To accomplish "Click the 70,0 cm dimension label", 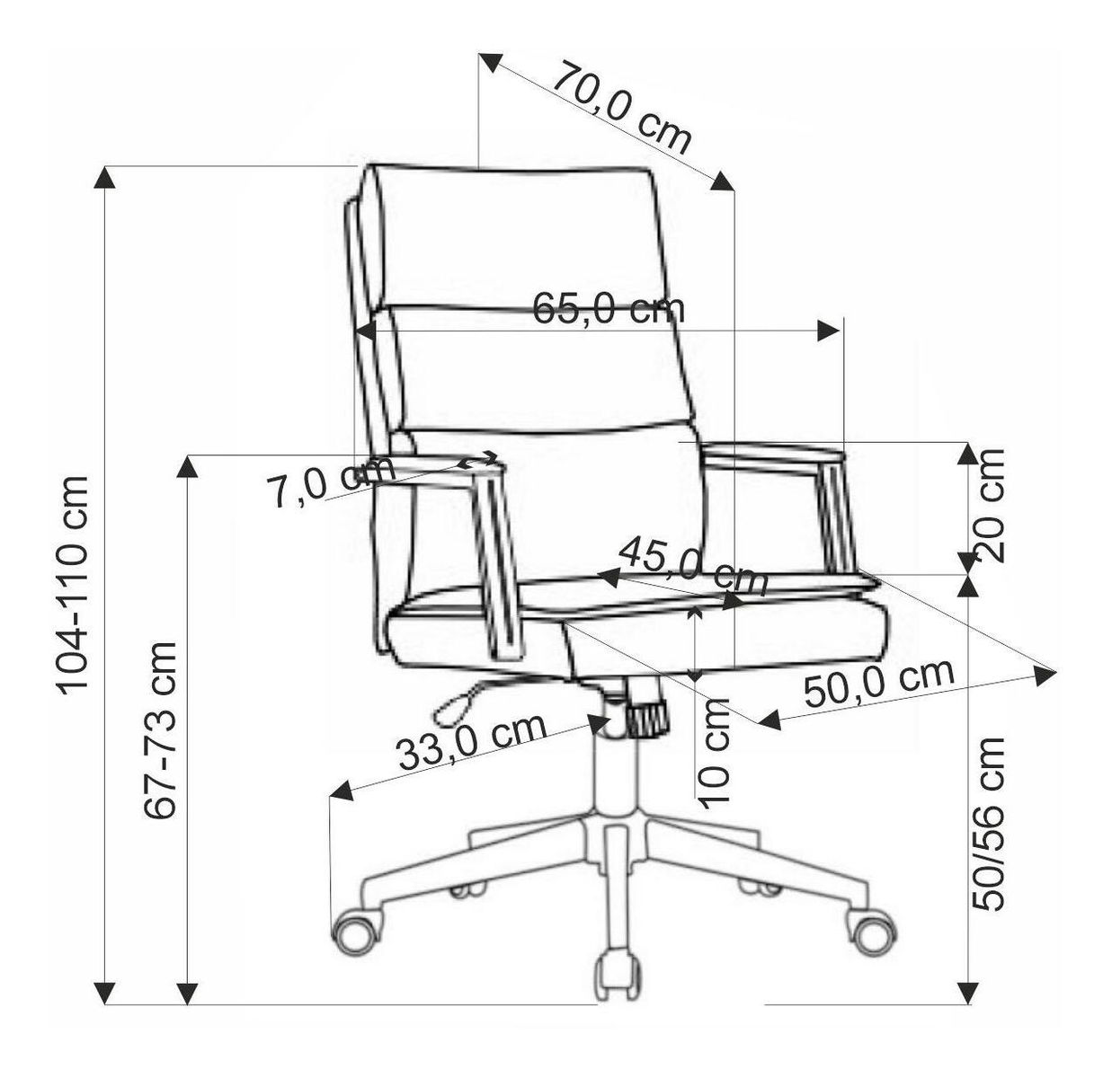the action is point(621,108).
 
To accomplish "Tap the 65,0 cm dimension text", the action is point(609,309).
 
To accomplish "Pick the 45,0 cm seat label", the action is point(693,565).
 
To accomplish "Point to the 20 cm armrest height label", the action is point(987,505).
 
